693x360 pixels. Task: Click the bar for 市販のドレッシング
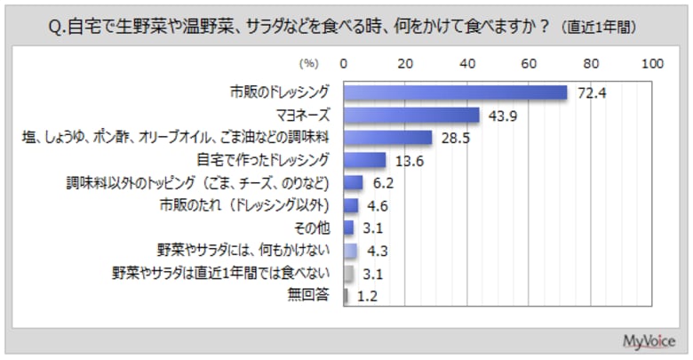(455, 92)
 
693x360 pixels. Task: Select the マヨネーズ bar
(411, 115)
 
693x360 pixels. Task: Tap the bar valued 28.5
(387, 138)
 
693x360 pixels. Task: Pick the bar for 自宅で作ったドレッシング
(364, 160)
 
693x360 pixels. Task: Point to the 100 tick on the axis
(653, 64)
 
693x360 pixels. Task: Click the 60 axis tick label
(530, 64)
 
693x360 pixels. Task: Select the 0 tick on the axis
(344, 64)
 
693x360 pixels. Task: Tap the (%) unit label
(308, 64)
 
